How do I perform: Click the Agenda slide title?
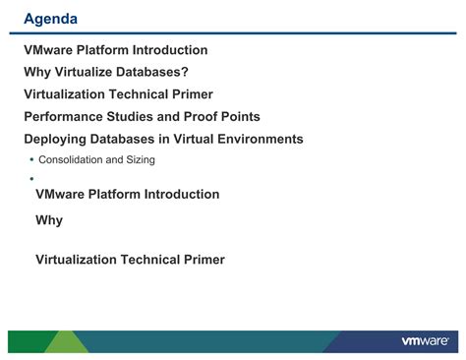(x=52, y=19)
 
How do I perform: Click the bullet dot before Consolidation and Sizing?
(x=30, y=159)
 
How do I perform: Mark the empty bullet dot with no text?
(x=30, y=179)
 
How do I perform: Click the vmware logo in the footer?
(x=425, y=341)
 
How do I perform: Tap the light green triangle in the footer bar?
(x=66, y=341)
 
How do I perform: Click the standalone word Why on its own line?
(x=49, y=220)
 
